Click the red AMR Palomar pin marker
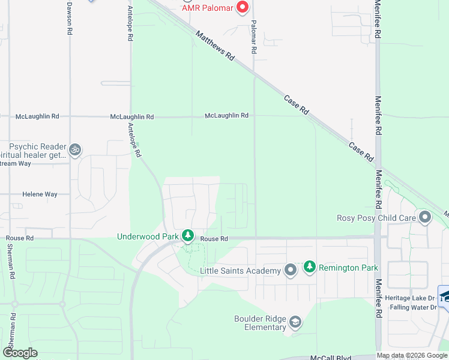point(243,7)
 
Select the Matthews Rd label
point(215,46)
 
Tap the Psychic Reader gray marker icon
point(75,149)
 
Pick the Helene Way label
point(40,194)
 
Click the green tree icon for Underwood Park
point(188,236)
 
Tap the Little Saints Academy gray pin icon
point(291,271)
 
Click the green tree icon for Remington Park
point(310,267)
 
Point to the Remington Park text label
point(349,268)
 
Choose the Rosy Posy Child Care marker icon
point(426,217)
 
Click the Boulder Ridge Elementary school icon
point(295,323)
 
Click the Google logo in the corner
point(20,353)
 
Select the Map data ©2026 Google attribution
point(412,355)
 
